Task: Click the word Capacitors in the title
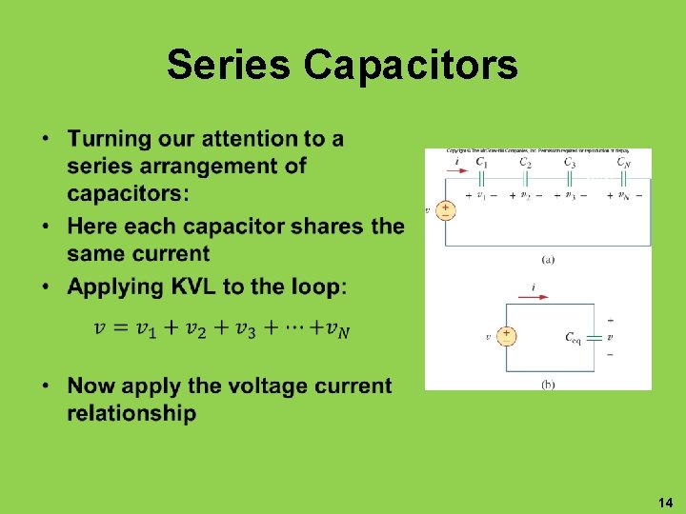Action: pos(412,65)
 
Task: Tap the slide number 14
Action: pos(665,501)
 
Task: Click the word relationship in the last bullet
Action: pos(131,414)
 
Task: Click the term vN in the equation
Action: pos(337,329)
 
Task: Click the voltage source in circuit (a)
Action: pos(444,209)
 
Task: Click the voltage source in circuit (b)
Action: pos(506,336)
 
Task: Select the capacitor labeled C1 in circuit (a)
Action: pos(483,178)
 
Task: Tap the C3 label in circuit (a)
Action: pos(570,163)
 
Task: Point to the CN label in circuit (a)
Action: pos(623,163)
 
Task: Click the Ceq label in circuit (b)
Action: pos(573,337)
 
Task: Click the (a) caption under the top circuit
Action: pos(548,259)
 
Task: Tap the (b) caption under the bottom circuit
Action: pos(548,383)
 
